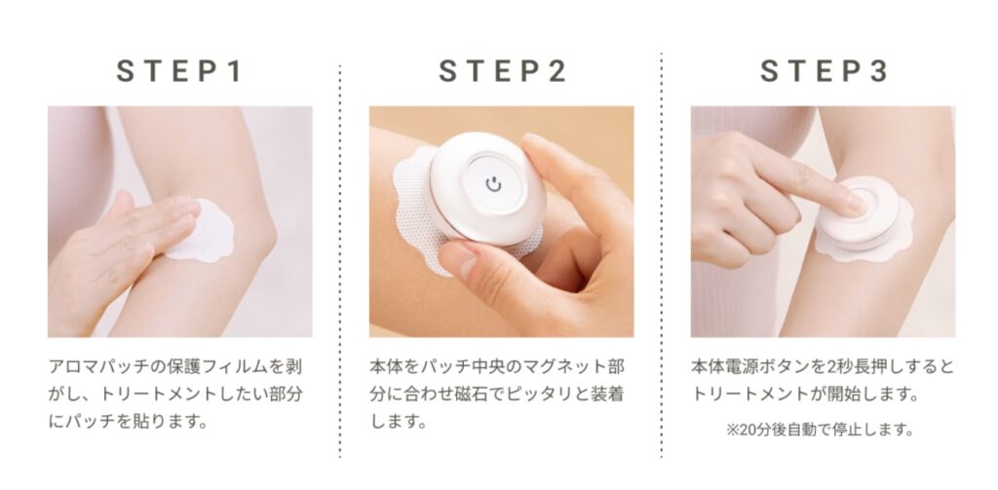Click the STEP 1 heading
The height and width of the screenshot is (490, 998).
pos(179,71)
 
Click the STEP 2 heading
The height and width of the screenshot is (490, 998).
pos(502,71)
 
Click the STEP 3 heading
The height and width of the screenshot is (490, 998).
pos(824,71)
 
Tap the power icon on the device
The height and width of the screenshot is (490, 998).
pos(493,184)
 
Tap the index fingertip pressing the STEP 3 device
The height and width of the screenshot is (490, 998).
pos(853,204)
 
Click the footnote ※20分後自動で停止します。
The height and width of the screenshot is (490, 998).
pos(821,430)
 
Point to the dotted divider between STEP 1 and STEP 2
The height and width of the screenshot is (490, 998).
pos(340,261)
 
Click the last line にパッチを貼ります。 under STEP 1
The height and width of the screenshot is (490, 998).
pos(128,422)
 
